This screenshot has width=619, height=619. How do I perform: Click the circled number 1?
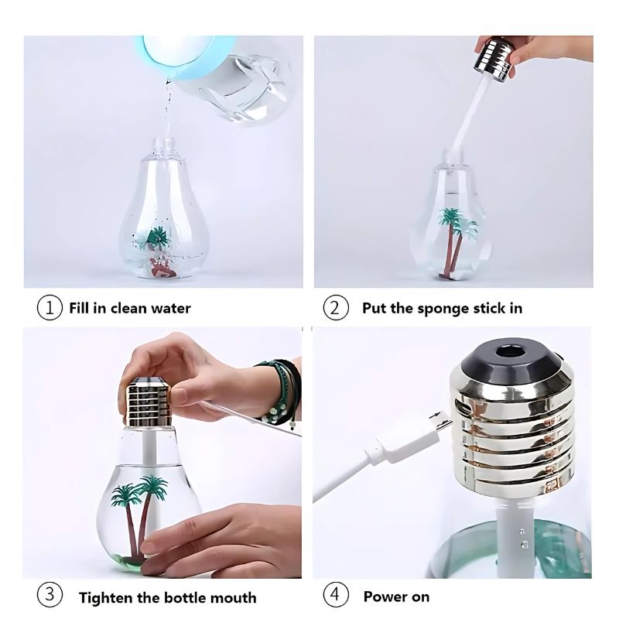click(x=50, y=307)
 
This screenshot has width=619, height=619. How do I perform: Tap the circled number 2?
click(x=335, y=307)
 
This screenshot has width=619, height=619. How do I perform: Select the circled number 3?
click(x=50, y=596)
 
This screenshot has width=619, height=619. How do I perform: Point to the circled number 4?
click(x=335, y=596)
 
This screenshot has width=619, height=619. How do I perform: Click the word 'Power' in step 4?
click(x=384, y=597)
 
